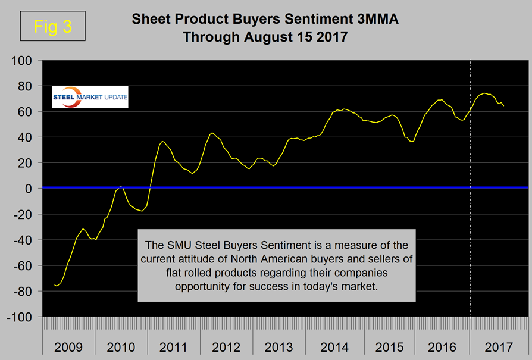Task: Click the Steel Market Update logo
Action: [90, 98]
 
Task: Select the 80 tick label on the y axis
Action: [30, 86]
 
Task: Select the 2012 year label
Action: [227, 347]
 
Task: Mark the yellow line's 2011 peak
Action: [163, 141]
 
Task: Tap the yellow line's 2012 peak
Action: [212, 133]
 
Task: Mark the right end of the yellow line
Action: [504, 106]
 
